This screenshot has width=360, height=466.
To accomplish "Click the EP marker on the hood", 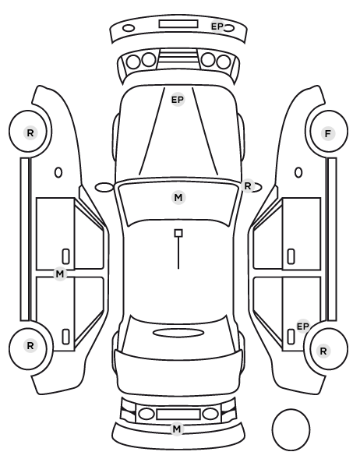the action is pyautogui.click(x=178, y=100).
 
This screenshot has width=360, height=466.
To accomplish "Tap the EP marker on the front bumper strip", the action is pyautogui.click(x=217, y=26).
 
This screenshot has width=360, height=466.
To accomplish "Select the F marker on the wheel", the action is pyautogui.click(x=327, y=134).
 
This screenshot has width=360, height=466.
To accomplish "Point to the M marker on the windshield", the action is pyautogui.click(x=178, y=198).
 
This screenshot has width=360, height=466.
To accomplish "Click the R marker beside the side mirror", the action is pyautogui.click(x=248, y=186).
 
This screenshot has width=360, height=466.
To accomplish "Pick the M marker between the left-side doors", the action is pyautogui.click(x=60, y=274).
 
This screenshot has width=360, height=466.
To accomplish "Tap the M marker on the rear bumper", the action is pyautogui.click(x=177, y=429).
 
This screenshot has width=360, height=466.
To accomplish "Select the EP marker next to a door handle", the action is pyautogui.click(x=303, y=327).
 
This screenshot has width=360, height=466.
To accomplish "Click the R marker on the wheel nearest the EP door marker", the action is pyautogui.click(x=323, y=351).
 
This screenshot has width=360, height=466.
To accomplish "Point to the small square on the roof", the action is pyautogui.click(x=178, y=233).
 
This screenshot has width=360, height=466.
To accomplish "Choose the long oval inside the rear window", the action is pyautogui.click(x=178, y=333).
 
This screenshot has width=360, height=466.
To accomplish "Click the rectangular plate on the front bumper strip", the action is pyautogui.click(x=178, y=24).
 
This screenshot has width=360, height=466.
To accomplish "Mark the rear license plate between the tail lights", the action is pyautogui.click(x=178, y=414).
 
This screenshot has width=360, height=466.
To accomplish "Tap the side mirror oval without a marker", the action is pyautogui.click(x=104, y=187).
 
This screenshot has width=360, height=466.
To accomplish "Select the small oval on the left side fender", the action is pyautogui.click(x=58, y=172).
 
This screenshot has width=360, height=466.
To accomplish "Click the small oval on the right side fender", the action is pyautogui.click(x=298, y=172).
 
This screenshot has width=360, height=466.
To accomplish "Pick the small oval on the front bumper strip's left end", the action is pyautogui.click(x=129, y=28).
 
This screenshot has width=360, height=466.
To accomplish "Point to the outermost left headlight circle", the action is pyautogui.click(x=133, y=62).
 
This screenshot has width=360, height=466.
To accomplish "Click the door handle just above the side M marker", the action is pyautogui.click(x=65, y=256).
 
